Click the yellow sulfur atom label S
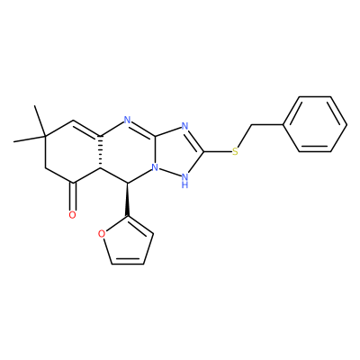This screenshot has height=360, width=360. pyautogui.click(x=235, y=151)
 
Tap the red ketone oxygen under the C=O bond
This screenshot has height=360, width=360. pyautogui.click(x=72, y=215)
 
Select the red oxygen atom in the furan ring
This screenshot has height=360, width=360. pyautogui.click(x=102, y=234)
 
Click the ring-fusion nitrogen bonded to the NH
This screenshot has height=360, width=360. pyautogui.click(x=155, y=167)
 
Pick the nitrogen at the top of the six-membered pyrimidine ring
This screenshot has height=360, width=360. pyautogui.click(x=128, y=121)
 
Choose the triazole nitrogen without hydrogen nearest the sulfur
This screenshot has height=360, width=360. pyautogui.click(x=184, y=126)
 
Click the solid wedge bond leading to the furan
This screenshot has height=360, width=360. pyautogui.click(x=128, y=200)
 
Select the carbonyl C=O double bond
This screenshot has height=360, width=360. pyautogui.click(x=73, y=196)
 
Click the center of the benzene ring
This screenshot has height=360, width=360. pyautogui.click(x=315, y=124)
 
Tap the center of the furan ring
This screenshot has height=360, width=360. pyautogui.click(x=129, y=244)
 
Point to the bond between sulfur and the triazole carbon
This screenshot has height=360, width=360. pyautogui.click(x=218, y=151)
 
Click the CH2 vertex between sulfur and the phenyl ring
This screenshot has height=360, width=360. pyautogui.click(x=251, y=124)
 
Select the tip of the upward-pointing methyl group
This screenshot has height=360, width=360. pyautogui.click(x=35, y=105)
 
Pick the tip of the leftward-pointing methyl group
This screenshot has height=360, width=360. pyautogui.click(x=13, y=141)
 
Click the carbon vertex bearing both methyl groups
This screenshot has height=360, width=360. pyautogui.click(x=45, y=137)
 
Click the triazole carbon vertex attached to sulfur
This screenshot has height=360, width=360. pyautogui.click(x=204, y=151)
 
